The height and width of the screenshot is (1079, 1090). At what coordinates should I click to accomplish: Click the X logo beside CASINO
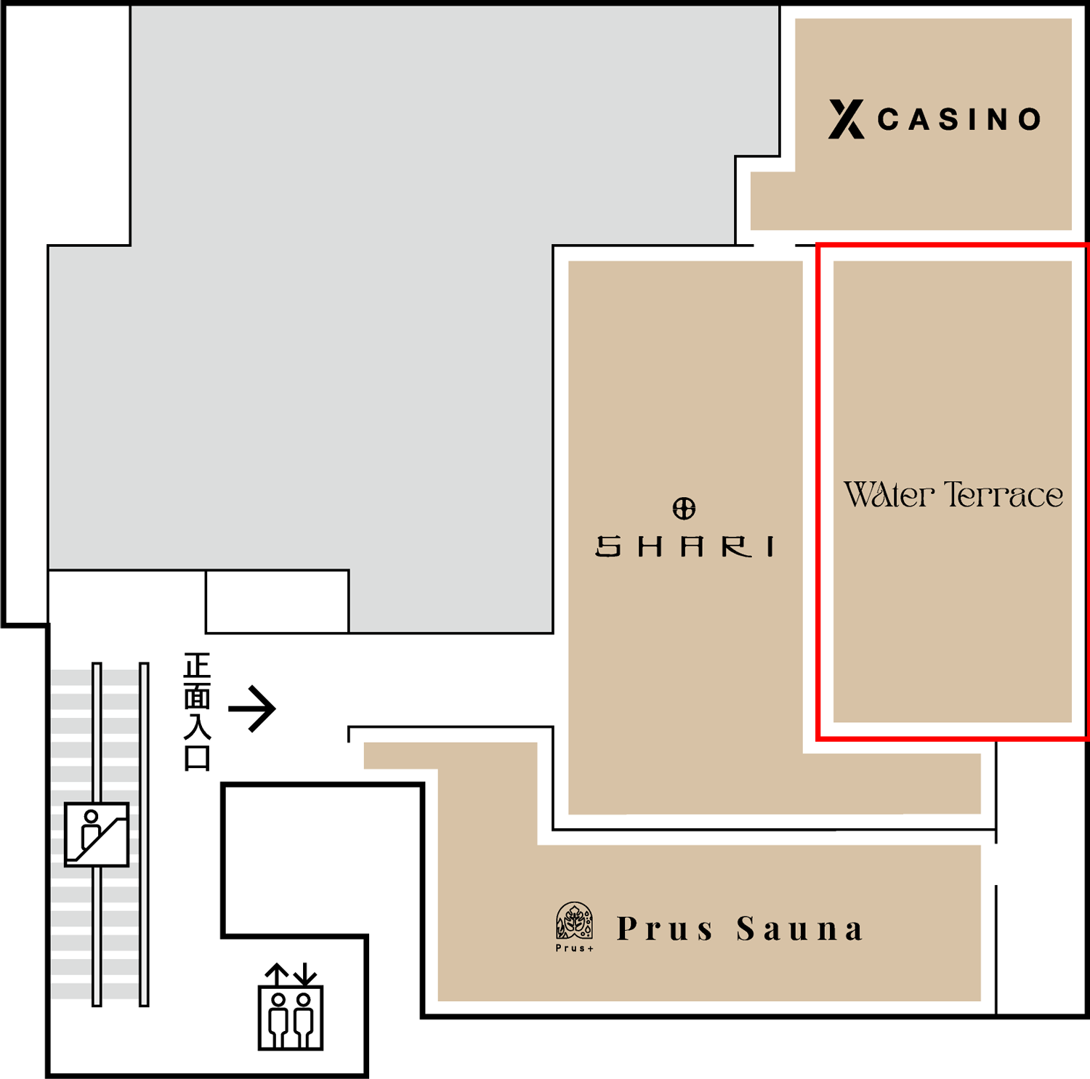coord(847,119)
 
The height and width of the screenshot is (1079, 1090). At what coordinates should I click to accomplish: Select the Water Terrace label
coord(953,495)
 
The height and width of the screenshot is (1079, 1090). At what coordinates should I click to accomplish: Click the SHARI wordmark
coord(685,546)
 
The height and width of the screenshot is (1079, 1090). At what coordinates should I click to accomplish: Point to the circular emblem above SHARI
coord(684,508)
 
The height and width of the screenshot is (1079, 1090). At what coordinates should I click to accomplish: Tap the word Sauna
coord(799,929)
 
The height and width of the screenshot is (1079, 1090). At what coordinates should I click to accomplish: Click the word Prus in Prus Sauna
coord(665,929)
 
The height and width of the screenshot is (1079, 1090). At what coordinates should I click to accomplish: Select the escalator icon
coord(97,834)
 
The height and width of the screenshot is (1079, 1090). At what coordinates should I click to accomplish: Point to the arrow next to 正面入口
coord(252,708)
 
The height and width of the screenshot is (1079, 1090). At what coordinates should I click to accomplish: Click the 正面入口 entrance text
coord(197,711)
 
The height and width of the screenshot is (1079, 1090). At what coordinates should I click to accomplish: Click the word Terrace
coord(1004,495)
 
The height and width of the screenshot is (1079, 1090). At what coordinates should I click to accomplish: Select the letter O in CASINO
coord(1030,119)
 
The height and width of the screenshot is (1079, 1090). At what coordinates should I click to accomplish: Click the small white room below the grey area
coord(278,602)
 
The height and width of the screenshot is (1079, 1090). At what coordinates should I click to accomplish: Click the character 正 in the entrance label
coord(197,666)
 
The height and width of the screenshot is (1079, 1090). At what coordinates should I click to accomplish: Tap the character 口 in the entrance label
coord(197,757)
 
